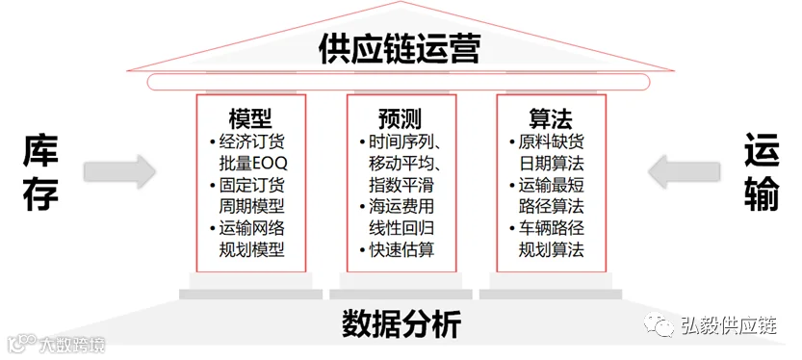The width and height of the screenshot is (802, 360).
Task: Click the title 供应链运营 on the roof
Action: tap(400, 48)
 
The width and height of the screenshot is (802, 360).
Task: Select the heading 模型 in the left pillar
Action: tap(250, 119)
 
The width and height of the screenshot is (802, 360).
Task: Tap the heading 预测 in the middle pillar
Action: tap(401, 119)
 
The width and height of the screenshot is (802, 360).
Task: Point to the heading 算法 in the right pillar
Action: tap(551, 119)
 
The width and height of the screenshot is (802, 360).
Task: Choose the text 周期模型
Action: tap(251, 206)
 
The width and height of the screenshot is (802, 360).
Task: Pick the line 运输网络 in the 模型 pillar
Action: tap(251, 228)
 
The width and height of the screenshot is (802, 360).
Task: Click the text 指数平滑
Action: tap(401, 185)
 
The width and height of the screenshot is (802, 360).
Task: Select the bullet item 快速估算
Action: tap(401, 249)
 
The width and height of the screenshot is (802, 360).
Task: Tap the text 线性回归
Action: tap(401, 228)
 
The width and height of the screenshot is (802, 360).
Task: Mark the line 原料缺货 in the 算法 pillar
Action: tap(552, 141)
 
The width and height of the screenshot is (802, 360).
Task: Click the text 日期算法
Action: tap(552, 163)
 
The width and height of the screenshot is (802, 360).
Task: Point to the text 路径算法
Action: tap(552, 206)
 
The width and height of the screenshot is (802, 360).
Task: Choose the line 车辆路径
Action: tap(552, 228)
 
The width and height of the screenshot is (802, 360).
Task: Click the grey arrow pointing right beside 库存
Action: tap(119, 171)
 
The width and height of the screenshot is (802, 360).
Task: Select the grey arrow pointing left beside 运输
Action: tap(685, 171)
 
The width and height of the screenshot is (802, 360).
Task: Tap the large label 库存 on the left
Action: tap(40, 173)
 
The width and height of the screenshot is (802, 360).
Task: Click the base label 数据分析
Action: tap(401, 323)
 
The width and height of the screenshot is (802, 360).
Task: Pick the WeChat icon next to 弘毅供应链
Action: tap(659, 324)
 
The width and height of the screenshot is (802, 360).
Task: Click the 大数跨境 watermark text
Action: tap(72, 345)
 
